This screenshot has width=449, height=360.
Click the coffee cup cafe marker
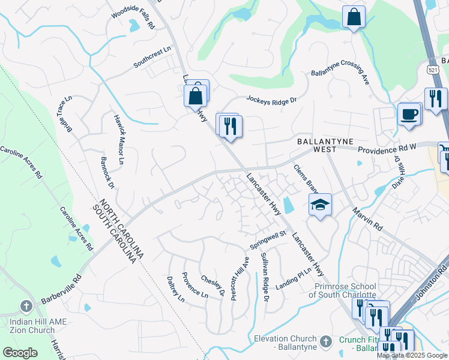click(x=409, y=113)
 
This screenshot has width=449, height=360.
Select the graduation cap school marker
click(x=320, y=205)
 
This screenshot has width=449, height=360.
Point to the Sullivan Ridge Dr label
click(x=264, y=277)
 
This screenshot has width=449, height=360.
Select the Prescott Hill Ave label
click(x=239, y=279)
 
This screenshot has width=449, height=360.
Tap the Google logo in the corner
click(x=20, y=353)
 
